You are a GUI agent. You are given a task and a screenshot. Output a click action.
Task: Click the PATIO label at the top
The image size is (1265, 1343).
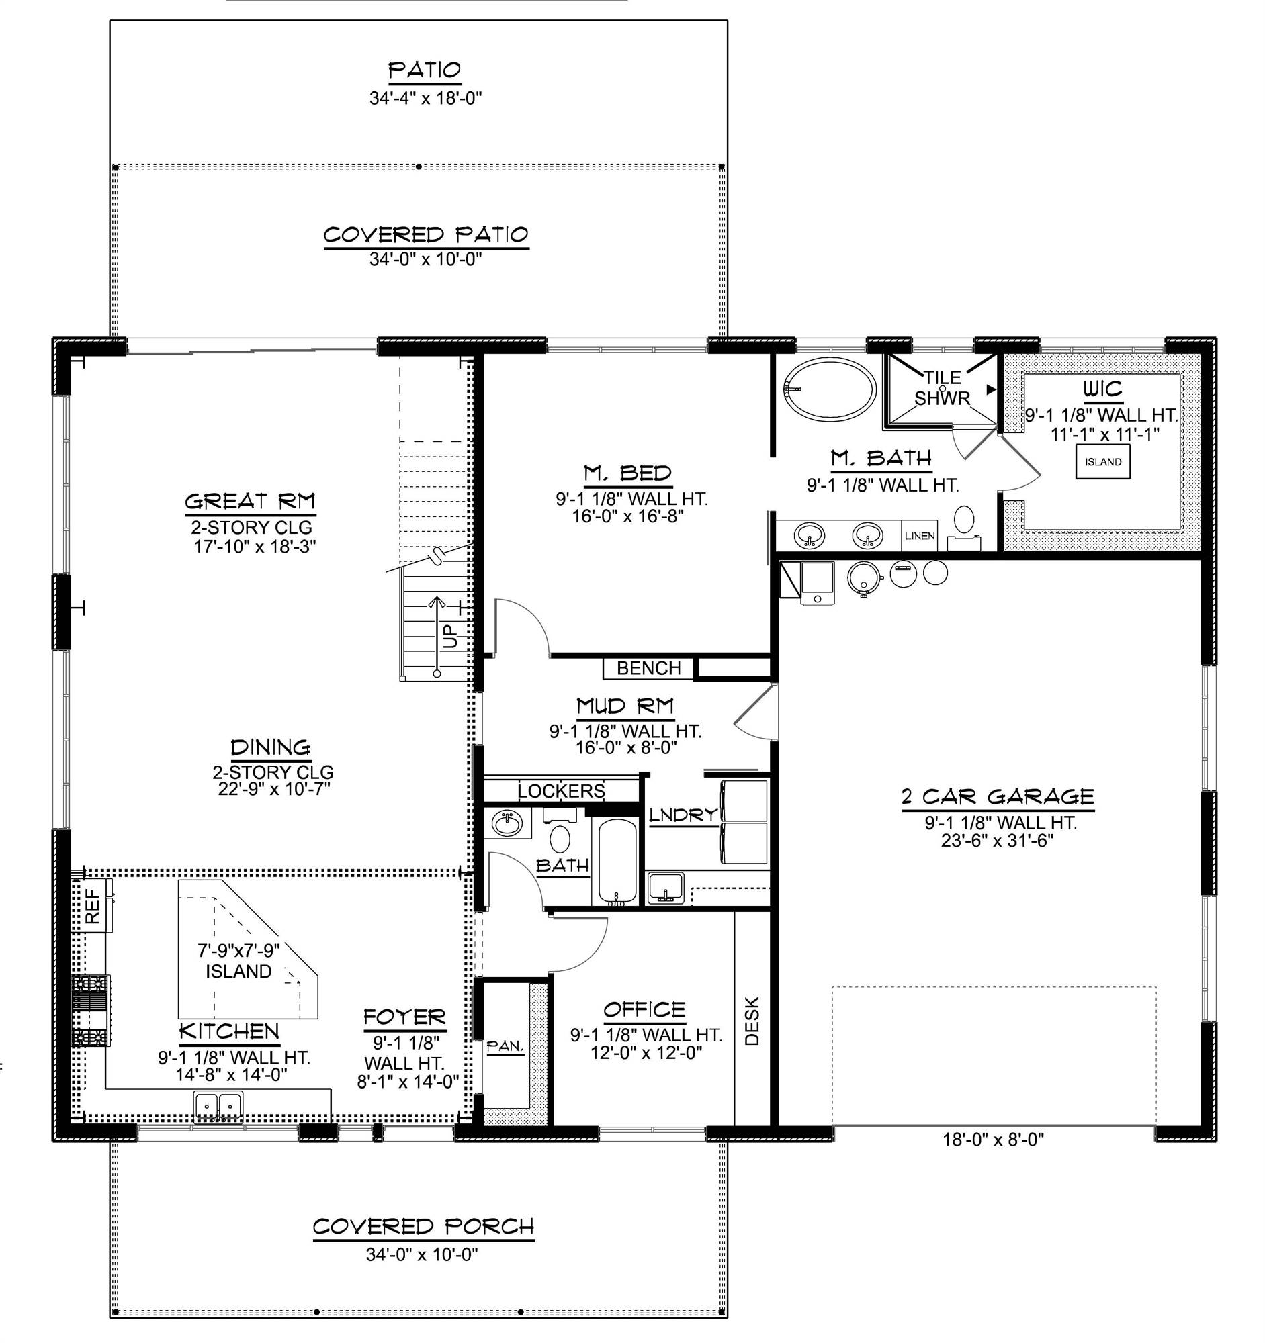tap(425, 70)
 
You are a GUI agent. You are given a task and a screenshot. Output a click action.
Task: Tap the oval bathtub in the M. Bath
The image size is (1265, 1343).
tap(830, 389)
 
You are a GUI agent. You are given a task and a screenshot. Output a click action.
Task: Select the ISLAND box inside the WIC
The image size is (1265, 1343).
tap(1103, 462)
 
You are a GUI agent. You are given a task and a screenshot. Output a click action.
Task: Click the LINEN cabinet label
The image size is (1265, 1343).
tap(920, 536)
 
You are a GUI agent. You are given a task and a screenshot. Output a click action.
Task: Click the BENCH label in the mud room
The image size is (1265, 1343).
tap(648, 668)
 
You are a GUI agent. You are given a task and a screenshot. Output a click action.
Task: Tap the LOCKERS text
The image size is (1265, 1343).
tap(561, 790)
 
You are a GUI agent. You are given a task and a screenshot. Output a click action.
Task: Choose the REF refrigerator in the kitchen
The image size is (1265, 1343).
tap(93, 905)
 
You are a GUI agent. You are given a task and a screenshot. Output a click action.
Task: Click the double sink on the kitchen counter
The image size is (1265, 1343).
tap(218, 1105)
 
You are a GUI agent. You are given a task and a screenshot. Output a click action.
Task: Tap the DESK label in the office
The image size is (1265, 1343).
tap(752, 1021)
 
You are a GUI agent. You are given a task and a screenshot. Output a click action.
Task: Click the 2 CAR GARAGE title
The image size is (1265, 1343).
tap(998, 796)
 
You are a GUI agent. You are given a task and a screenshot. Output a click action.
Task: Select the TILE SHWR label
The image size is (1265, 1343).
tap(942, 387)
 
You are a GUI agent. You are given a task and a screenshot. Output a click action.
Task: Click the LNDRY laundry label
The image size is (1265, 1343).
tap(682, 815)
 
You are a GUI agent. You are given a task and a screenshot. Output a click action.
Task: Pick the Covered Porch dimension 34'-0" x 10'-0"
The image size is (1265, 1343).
tap(422, 1254)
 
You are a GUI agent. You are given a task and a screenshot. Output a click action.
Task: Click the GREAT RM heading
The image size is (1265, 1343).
tap(250, 501)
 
